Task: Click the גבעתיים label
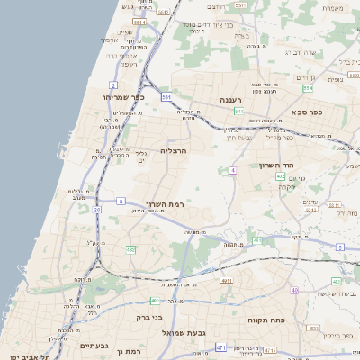(94, 346)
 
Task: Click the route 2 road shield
(102, 85)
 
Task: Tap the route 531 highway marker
(166, 94)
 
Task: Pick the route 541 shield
(238, 111)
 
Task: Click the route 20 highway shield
(96, 210)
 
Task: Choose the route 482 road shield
(131, 249)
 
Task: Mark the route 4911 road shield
(226, 281)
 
